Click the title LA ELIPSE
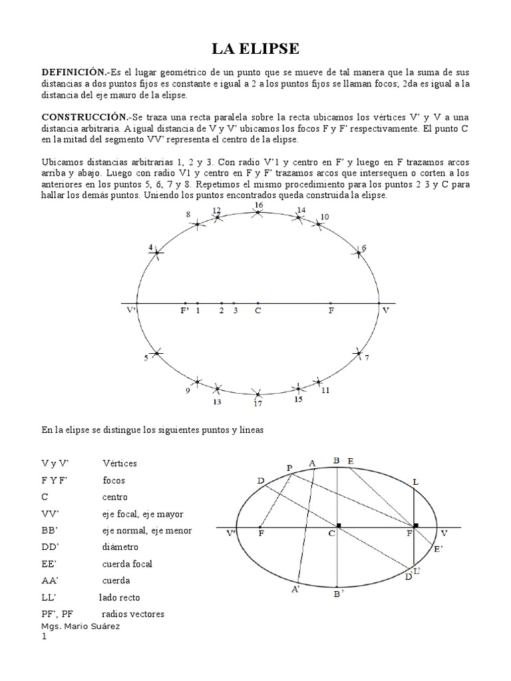255,49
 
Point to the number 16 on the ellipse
258,206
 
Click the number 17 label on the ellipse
257,403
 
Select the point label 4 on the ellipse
151,248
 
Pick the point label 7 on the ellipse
366,358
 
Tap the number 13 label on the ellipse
217,401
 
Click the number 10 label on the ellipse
324,217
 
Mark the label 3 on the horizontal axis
235,310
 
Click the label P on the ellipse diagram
290,468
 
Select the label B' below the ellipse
338,593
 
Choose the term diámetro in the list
120,547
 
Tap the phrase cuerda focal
127,563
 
